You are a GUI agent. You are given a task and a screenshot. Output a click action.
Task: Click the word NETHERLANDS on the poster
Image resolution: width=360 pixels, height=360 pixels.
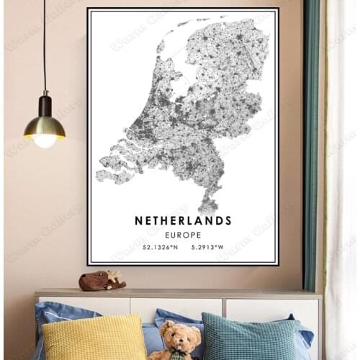tap(183, 220)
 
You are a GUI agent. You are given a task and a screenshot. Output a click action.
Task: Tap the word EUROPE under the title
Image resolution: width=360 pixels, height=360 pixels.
tap(183, 235)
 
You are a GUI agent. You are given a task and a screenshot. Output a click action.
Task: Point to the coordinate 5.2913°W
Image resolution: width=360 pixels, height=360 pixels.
tap(209, 247)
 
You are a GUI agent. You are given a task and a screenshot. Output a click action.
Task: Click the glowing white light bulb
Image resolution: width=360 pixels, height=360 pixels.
tap(45, 141)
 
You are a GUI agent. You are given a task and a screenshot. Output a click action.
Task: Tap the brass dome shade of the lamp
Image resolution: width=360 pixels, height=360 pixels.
tap(45, 127)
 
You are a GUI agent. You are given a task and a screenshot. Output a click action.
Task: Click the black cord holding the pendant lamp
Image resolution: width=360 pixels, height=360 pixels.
tap(45, 43)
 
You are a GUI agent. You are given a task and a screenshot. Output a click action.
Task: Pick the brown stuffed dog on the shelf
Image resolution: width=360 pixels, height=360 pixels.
tap(101, 281)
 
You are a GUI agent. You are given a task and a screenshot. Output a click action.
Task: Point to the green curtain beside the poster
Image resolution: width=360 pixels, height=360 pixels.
tap(311, 144)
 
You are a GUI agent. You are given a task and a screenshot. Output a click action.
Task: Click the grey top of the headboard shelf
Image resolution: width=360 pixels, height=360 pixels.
tap(180, 294)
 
